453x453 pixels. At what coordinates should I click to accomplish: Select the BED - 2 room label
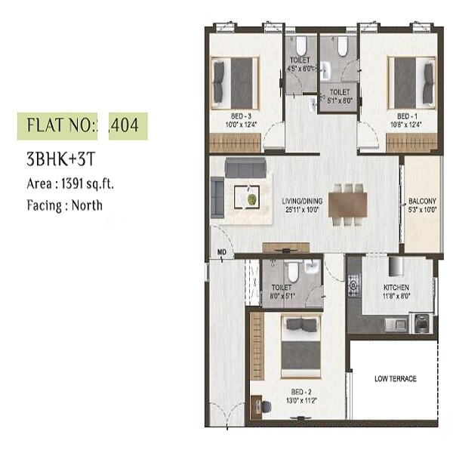303,393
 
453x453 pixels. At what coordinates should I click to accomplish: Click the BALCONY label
422,201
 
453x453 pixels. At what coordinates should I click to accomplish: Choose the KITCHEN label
396,288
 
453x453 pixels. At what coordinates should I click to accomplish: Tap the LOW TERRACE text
395,378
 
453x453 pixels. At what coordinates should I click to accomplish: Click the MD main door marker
222,251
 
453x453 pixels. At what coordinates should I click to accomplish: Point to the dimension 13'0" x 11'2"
303,402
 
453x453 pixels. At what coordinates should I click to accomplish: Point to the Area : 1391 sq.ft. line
69,183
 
